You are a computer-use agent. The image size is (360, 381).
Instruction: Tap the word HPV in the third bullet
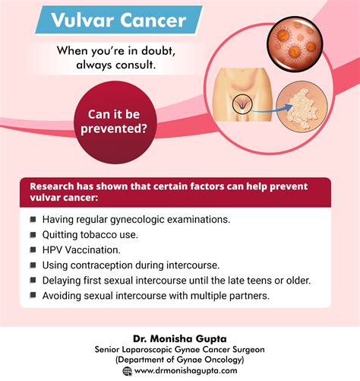(x=54, y=249)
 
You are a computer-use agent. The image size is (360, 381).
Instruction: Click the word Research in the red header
(x=55, y=186)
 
